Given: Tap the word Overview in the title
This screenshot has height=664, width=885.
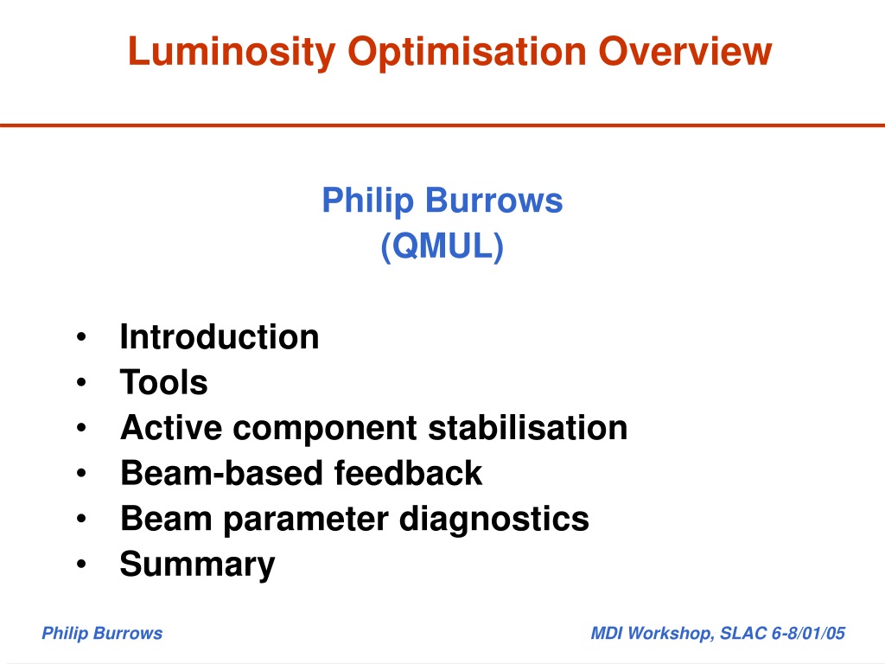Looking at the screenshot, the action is tap(684, 51).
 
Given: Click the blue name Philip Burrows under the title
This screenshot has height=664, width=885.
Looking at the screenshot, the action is tap(442, 201).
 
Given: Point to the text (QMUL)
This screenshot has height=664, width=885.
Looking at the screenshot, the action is tap(442, 246).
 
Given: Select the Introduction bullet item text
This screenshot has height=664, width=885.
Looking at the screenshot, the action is tap(220, 337).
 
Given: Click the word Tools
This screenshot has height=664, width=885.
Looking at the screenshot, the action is tap(164, 382).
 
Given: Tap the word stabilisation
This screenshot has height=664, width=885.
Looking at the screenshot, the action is tap(528, 427).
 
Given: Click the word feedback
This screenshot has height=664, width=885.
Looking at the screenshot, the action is tap(408, 473).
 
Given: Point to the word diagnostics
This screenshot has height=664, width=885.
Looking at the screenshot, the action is tap(493, 520).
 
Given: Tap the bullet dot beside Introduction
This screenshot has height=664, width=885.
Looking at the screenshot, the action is tap(81, 337).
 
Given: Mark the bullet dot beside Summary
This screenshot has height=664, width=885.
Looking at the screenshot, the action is tap(81, 564).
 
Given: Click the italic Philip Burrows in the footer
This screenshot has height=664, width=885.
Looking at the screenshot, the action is tap(102, 634).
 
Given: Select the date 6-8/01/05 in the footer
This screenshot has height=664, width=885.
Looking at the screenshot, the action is tap(808, 634).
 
